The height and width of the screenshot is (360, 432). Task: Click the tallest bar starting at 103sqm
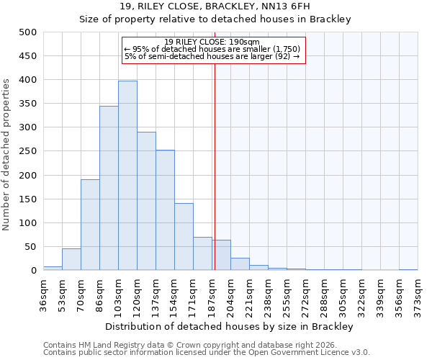point(127,176)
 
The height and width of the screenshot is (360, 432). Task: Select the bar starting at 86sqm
point(109,188)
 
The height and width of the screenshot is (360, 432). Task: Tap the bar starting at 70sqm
point(90,225)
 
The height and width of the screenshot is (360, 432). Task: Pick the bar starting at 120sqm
point(146,201)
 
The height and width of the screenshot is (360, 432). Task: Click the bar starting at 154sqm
point(184,237)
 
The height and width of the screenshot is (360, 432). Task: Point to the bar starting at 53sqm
point(71,260)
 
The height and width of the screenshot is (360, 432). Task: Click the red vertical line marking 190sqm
point(215,158)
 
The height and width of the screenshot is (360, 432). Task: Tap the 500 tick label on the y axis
point(28,32)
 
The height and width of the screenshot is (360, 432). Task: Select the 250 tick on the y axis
point(28,151)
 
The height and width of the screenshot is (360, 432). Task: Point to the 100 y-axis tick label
point(28,223)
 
